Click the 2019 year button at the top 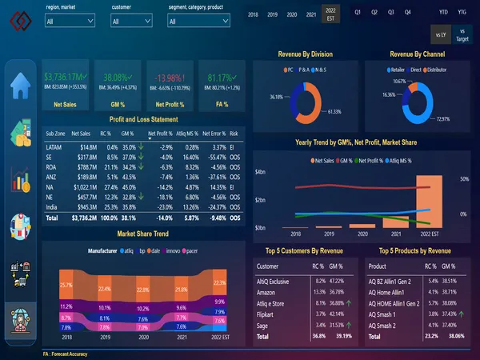(271, 14)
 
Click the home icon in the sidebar (19, 85)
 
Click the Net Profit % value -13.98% (169, 78)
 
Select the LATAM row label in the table (56, 147)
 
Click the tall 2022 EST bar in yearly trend (428, 201)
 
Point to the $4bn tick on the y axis (259, 172)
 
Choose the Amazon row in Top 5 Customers (268, 292)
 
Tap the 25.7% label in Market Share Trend (66, 284)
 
